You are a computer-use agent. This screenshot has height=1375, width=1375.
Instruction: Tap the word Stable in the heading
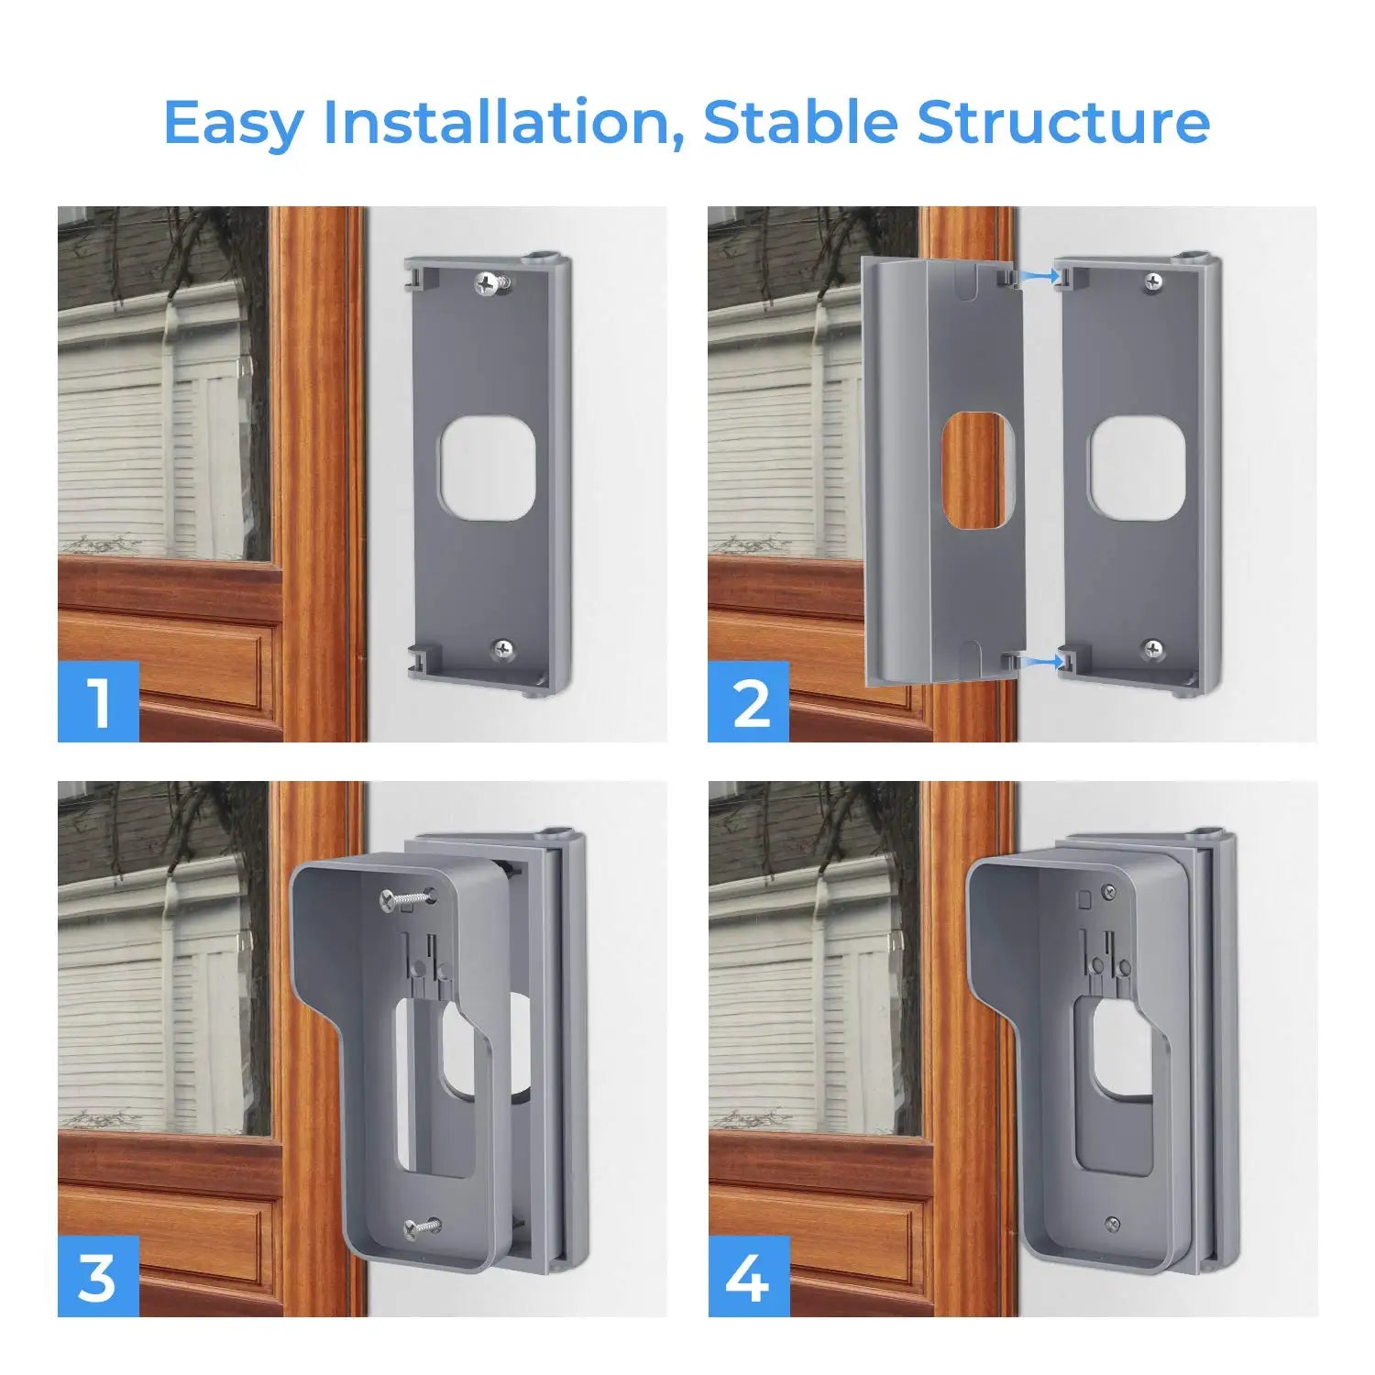click(801, 122)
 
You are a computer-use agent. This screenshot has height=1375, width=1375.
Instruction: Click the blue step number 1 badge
click(98, 701)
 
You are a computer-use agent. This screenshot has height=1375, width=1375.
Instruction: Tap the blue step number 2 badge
click(749, 701)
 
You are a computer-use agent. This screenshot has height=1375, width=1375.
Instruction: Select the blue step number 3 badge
click(98, 1276)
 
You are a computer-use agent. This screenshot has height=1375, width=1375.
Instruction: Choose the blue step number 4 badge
click(749, 1276)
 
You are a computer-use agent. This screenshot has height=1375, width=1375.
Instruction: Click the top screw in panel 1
click(488, 284)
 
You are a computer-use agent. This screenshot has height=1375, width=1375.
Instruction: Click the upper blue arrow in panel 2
click(1038, 274)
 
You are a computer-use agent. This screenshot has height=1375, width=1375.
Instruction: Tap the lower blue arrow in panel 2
click(1038, 659)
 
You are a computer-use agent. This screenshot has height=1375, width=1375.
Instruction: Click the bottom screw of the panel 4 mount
click(1112, 1222)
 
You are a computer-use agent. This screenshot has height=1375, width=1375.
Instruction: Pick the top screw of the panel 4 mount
click(1109, 890)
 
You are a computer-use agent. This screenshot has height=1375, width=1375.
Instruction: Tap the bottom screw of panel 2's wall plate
click(1153, 650)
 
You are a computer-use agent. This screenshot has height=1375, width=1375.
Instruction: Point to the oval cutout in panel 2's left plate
click(978, 469)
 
